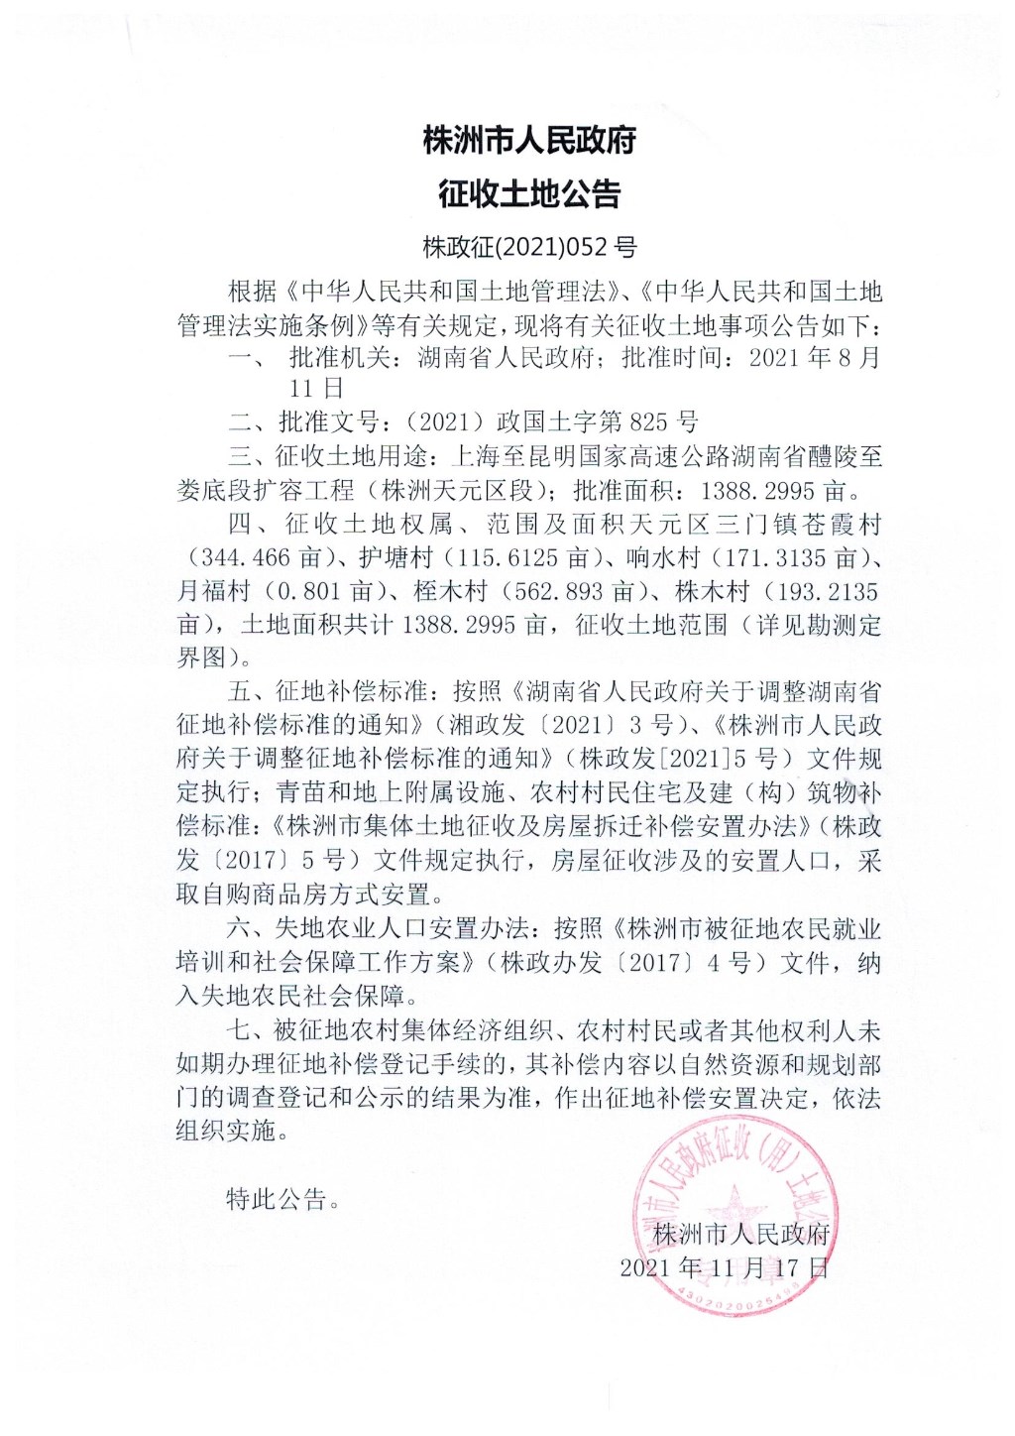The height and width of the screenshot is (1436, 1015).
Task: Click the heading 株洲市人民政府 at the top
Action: [x=528, y=141]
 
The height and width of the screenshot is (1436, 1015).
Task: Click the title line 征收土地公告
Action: [x=528, y=193]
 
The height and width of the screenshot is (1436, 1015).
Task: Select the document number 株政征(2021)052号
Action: [x=528, y=246]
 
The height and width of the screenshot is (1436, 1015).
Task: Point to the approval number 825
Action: [x=649, y=421]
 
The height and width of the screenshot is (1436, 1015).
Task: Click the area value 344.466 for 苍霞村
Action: [x=245, y=558]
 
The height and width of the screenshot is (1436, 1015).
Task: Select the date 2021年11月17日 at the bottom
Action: [x=724, y=1267]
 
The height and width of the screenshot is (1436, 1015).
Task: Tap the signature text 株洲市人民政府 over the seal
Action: [x=740, y=1234]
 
